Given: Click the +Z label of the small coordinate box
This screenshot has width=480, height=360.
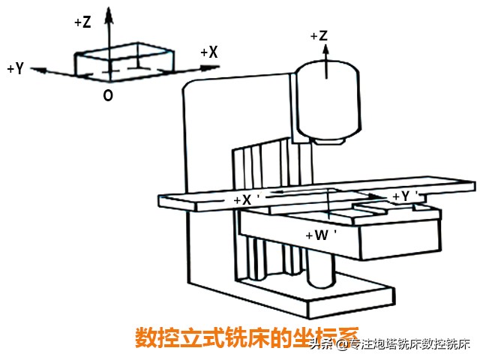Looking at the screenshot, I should pyautogui.click(x=82, y=22).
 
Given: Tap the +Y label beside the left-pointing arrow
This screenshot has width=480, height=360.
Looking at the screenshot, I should pyautogui.click(x=15, y=68).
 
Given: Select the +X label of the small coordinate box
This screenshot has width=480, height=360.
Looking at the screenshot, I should pyautogui.click(x=209, y=52).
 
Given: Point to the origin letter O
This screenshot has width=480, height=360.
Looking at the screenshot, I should pyautogui.click(x=109, y=96).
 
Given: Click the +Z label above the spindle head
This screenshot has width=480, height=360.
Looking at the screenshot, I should pyautogui.click(x=318, y=35).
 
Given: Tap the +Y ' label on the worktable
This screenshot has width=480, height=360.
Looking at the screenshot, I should pyautogui.click(x=405, y=196).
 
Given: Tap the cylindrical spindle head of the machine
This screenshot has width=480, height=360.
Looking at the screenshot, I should pyautogui.click(x=330, y=97).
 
